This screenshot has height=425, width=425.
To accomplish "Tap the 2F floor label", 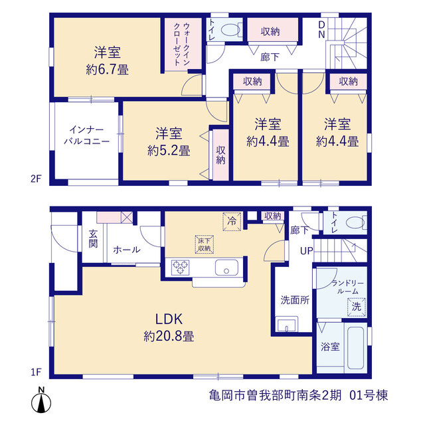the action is (x=36, y=179).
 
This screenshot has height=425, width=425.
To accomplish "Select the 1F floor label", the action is (x=36, y=372).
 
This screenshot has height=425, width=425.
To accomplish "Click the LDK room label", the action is (x=169, y=319).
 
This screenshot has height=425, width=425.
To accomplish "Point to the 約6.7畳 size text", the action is (x=108, y=70).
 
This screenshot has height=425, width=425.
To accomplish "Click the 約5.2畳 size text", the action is (x=169, y=151).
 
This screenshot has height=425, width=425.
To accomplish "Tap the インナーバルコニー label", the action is (x=87, y=135).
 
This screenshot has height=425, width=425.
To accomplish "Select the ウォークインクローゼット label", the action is (x=181, y=44).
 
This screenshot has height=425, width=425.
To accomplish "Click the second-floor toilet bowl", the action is (x=231, y=29).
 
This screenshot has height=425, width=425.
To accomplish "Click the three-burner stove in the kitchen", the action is (x=180, y=268).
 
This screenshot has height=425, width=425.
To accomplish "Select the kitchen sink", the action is (x=226, y=268).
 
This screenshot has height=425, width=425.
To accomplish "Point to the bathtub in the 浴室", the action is (x=356, y=348).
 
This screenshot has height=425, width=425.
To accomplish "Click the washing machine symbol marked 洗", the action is (x=357, y=307).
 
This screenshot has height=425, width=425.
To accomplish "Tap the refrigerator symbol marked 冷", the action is (x=232, y=222).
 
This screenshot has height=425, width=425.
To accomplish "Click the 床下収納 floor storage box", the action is (x=205, y=244).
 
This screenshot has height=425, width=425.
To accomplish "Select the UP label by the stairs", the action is (x=307, y=251).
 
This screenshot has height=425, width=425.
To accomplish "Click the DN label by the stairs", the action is (x=321, y=29).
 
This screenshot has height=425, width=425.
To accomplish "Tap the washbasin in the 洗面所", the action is (x=286, y=324).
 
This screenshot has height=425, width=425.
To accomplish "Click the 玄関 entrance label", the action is (x=93, y=239).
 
